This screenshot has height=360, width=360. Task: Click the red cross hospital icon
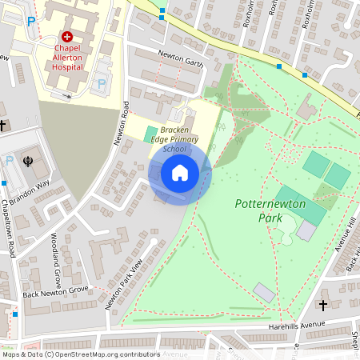click(x=67, y=37)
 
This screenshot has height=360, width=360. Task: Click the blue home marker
click(x=180, y=172)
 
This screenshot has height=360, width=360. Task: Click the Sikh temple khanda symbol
click(x=29, y=161)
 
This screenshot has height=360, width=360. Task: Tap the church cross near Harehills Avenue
click(x=323, y=306)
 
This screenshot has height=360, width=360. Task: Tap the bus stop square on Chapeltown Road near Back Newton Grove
click(x=14, y=314)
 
